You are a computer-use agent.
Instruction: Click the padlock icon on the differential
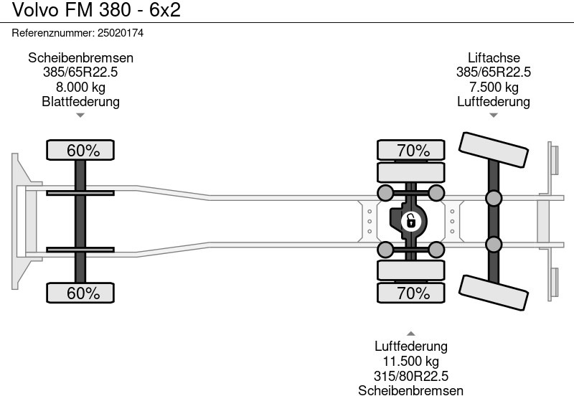pyautogui.click(x=411, y=220)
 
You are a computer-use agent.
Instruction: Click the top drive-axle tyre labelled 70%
pyautogui.click(x=412, y=151)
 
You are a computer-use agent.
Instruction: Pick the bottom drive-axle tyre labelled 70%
pyautogui.click(x=412, y=293)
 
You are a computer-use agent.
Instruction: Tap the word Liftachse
pyautogui.click(x=494, y=58)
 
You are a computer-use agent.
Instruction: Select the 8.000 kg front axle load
pyautogui.click(x=80, y=87)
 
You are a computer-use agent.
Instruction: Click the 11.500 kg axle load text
pyautogui.click(x=411, y=362)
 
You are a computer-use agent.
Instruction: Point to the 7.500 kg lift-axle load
pyautogui.click(x=494, y=87)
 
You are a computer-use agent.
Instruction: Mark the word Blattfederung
pyautogui.click(x=80, y=101)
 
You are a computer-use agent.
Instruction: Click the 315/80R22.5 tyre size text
pyautogui.click(x=411, y=376)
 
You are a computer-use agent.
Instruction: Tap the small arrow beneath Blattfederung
pyautogui.click(x=80, y=114)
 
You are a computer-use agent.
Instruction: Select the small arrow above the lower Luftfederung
pyautogui.click(x=411, y=334)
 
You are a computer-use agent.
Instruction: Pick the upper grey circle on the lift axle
pyautogui.click(x=494, y=198)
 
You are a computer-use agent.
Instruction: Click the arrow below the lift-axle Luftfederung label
pyautogui.click(x=494, y=114)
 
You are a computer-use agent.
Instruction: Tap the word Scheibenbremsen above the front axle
pyautogui.click(x=80, y=58)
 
